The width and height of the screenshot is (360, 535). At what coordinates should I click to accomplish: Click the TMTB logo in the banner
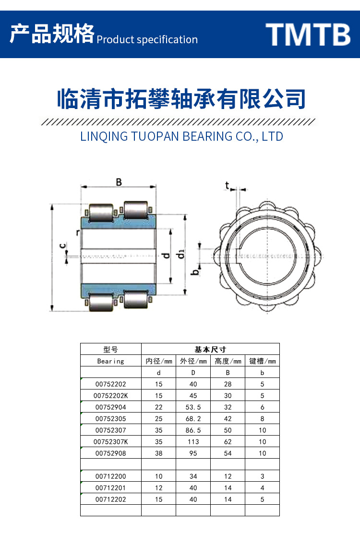pos(308,34)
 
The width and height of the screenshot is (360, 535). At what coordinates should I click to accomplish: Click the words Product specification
pos(147,39)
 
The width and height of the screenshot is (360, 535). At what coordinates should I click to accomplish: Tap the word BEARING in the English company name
pos(204,136)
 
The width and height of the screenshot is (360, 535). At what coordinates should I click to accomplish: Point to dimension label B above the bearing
pos(119,182)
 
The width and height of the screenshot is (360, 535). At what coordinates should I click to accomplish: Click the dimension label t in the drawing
pos(227,186)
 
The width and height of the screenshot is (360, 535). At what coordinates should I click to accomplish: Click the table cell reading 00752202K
pos(111,396)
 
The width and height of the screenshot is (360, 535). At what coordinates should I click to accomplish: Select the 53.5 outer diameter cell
pos(193,407)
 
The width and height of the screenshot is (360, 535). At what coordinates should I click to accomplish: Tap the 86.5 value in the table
pos(193,430)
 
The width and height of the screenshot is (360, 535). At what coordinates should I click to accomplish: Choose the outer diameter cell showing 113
pos(193,442)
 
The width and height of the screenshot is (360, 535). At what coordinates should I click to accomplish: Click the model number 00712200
pos(111,476)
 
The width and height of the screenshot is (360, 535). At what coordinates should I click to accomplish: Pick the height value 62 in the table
pos(228,442)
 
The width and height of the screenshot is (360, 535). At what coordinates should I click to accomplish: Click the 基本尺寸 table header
pos(210,350)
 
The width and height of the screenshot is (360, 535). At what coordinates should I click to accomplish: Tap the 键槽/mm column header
pos(262,361)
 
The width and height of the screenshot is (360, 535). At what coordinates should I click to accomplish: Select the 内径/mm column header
pos(158,361)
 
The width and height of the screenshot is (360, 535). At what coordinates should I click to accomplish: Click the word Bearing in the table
pos(111,361)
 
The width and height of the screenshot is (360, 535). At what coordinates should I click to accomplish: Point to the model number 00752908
pos(111,453)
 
